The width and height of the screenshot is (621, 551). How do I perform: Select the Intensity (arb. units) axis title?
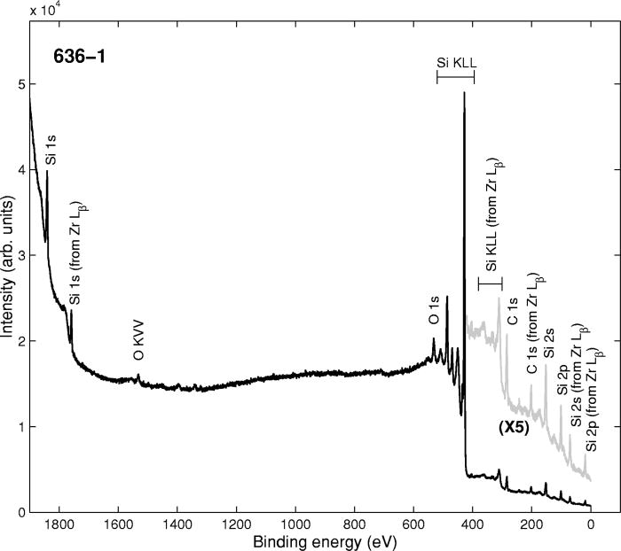tap(9, 256)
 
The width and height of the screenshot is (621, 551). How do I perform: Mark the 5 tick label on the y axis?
tap(21, 84)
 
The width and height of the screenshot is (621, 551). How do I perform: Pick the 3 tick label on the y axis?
tap(21, 255)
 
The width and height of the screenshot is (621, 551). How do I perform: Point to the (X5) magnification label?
tap(512, 428)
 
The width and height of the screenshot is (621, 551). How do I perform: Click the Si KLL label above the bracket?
tap(457, 63)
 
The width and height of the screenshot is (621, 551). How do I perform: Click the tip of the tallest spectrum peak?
tap(464, 92)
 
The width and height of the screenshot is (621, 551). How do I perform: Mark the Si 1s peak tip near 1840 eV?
tap(47, 172)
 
